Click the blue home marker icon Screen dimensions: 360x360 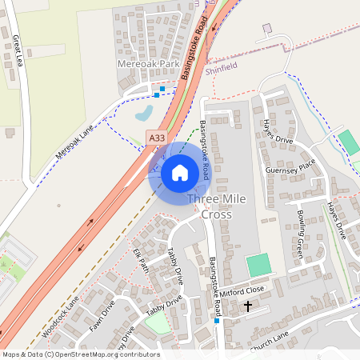[180, 173]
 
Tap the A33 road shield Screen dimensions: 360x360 [158, 138]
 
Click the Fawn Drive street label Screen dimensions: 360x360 [103, 315]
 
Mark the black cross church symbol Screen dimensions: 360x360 [247, 306]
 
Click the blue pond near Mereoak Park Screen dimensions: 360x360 [145, 113]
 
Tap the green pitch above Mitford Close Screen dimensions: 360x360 [258, 265]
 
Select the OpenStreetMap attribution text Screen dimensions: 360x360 [80, 354]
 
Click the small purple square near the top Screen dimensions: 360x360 [267, 28]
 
